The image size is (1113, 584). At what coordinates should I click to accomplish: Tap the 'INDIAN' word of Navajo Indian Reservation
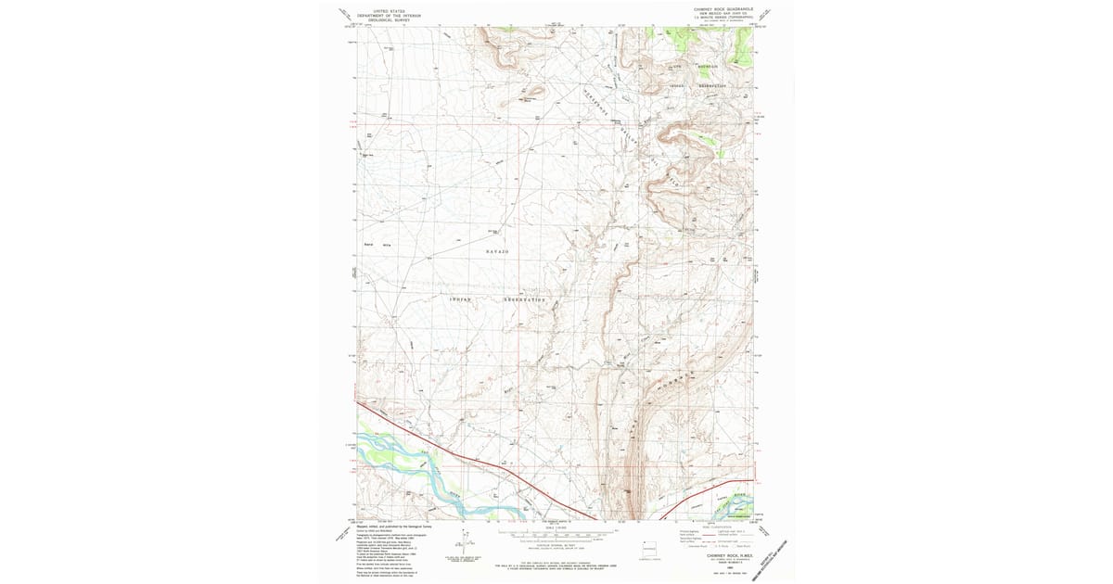[460, 299]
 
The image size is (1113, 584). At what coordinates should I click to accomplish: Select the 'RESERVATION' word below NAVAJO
[526, 299]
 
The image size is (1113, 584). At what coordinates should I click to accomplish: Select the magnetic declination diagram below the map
[462, 547]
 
